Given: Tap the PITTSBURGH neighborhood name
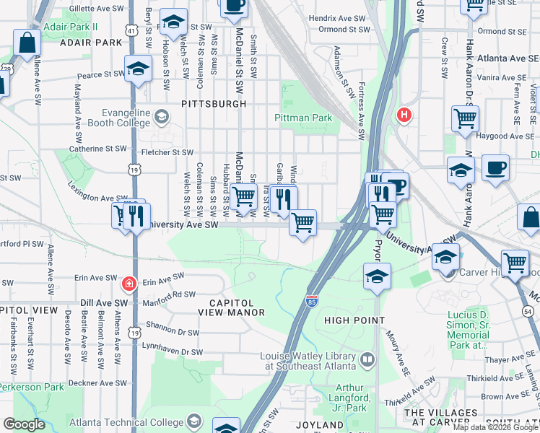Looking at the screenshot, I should (x=214, y=104).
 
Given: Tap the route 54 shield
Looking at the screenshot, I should (x=527, y=310).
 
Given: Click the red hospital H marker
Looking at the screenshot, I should (x=404, y=114).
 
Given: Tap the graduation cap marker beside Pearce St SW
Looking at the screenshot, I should (x=137, y=69).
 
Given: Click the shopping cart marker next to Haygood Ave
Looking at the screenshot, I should (x=465, y=118).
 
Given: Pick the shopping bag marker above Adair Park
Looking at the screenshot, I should (x=27, y=43).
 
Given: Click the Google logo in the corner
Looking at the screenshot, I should (x=24, y=424).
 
